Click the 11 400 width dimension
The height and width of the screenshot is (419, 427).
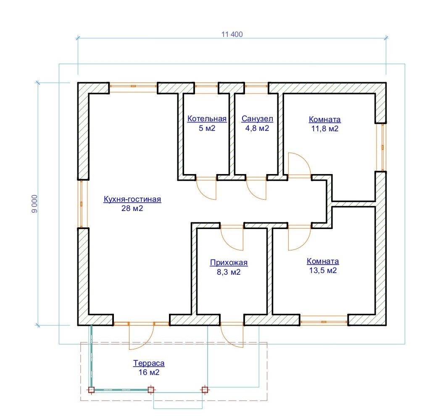click(232, 34)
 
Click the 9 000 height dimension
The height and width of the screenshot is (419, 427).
click(34, 204)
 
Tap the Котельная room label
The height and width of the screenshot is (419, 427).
click(207, 119)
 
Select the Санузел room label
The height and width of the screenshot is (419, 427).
click(257, 119)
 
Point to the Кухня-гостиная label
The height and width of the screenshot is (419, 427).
click(132, 199)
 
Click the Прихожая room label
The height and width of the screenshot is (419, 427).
click(229, 263)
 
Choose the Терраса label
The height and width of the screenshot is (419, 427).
click(149, 363)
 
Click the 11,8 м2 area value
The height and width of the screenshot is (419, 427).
click(324, 129)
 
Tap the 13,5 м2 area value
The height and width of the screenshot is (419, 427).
click(323, 271)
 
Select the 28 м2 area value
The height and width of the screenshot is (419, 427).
click(132, 208)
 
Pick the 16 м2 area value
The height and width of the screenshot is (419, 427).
click(149, 372)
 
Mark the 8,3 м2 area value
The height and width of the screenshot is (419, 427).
click(229, 272)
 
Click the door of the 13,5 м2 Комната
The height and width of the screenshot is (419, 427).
click(299, 238)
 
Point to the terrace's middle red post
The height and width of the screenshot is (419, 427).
click(151, 390)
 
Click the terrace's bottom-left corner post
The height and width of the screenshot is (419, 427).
click(90, 390)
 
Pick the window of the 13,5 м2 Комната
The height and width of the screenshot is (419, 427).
click(324, 322)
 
